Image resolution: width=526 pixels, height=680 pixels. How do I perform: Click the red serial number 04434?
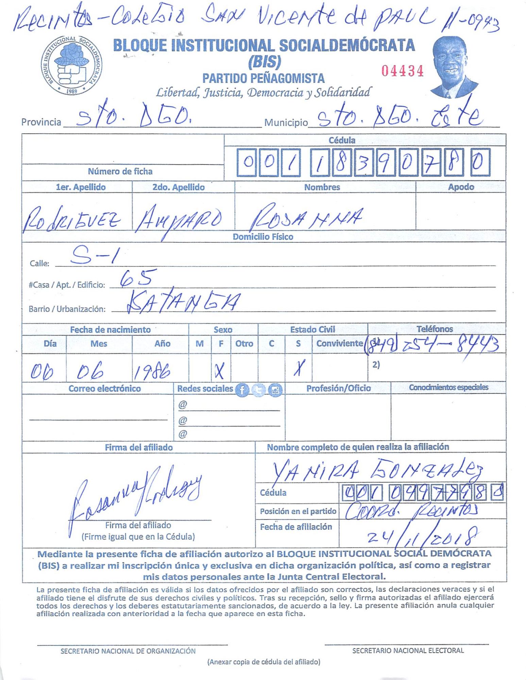point(402,71)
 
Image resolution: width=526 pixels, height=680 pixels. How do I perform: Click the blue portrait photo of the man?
point(453,67)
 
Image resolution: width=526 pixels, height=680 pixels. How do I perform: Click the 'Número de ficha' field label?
point(120,171)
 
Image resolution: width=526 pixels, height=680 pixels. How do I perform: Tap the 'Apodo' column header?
point(461,187)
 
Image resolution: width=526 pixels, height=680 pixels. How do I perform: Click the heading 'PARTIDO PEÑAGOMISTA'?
point(264,79)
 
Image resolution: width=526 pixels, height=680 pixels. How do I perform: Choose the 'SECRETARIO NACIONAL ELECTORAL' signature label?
point(408,650)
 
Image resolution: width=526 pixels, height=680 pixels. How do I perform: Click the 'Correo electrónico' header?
point(104,389)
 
